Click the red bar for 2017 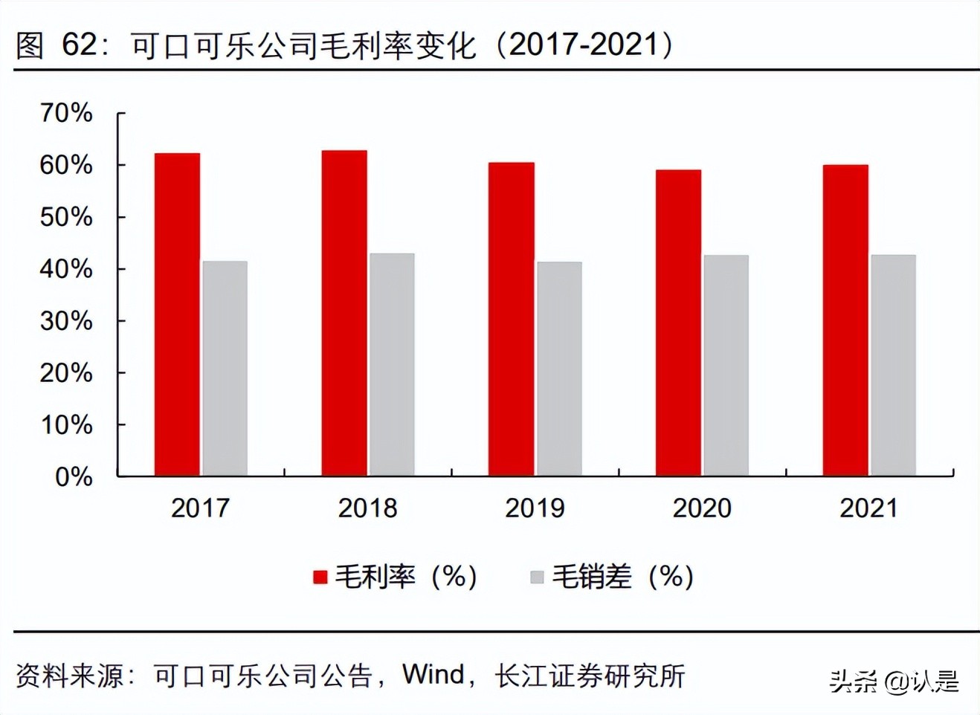tap(177, 314)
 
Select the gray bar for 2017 tap(225, 368)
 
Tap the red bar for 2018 tap(344, 313)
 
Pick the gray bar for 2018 tap(392, 364)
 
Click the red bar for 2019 tap(511, 319)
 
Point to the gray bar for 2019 tap(559, 369)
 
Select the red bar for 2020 tap(678, 323)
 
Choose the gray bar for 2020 tap(726, 365)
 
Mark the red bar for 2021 tap(845, 320)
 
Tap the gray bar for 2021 tap(893, 365)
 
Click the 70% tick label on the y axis tap(66, 113)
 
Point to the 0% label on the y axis tap(74, 476)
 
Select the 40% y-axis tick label tap(66, 268)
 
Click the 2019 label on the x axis tap(535, 508)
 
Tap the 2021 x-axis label tap(868, 508)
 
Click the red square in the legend tap(320, 577)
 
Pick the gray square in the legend tap(537, 577)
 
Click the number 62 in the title tap(80, 45)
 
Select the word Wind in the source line tap(433, 675)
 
